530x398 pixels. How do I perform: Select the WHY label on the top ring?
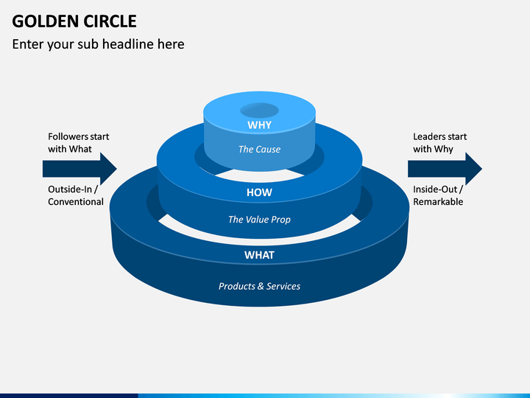tap(259, 125)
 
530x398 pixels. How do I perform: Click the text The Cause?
tap(259, 149)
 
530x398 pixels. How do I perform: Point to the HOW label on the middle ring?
tap(259, 192)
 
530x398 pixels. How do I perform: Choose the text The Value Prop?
tap(259, 220)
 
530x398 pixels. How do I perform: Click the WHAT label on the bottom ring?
tap(259, 255)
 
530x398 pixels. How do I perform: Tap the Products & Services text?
tap(259, 286)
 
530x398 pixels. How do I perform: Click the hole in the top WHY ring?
tap(259, 111)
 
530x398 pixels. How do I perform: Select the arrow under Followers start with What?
tap(79, 169)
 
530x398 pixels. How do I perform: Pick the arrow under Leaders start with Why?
tap(445, 169)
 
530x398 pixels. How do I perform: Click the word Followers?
tap(67, 137)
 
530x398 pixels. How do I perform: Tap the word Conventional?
tap(76, 202)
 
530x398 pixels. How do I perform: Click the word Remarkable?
tap(438, 202)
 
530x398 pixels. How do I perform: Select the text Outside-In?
tap(70, 189)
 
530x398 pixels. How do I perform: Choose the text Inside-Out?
tap(435, 189)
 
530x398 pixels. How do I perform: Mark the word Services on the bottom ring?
tap(283, 286)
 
